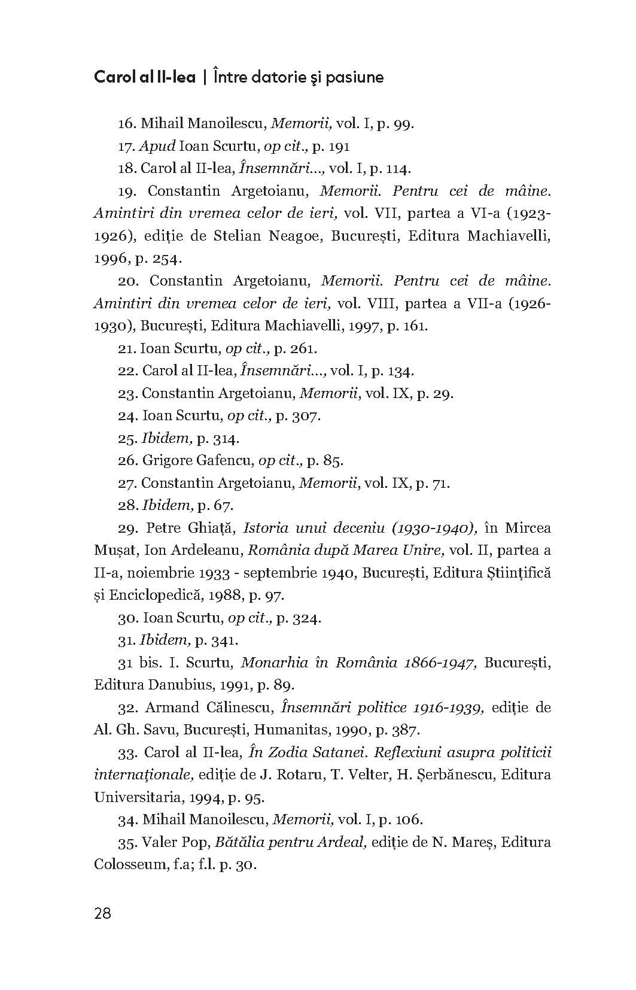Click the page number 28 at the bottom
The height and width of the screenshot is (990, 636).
coord(102,914)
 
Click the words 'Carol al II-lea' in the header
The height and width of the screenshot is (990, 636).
coord(145,78)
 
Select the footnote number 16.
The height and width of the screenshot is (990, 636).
coord(127,124)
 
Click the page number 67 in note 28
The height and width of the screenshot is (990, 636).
coord(222,506)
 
